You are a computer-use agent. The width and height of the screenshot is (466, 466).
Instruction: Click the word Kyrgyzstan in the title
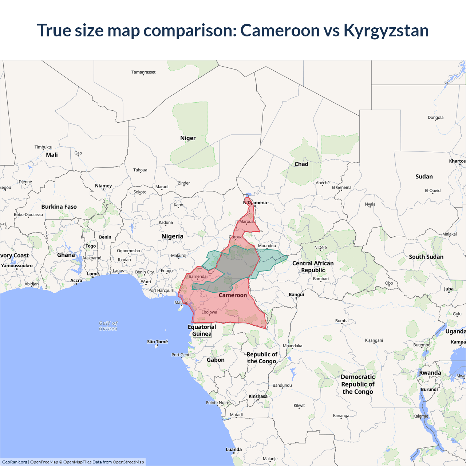386,31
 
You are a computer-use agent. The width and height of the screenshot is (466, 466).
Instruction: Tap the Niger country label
188,138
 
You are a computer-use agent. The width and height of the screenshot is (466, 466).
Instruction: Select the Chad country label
301,164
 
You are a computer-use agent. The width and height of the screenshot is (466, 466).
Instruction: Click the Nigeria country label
172,236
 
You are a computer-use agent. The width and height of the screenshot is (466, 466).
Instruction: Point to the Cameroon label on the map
233,295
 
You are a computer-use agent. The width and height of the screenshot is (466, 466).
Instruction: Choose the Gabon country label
216,360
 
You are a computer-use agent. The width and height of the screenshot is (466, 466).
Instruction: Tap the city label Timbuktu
43,147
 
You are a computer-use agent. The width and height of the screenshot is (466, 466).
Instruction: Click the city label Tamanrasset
143,72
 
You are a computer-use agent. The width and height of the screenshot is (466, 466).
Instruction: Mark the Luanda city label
234,450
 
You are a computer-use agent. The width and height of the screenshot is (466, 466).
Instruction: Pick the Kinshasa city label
258,396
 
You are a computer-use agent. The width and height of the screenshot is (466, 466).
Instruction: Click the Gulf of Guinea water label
108,326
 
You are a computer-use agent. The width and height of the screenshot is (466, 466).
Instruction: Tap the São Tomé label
157,342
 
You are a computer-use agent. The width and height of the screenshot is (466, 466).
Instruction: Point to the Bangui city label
296,295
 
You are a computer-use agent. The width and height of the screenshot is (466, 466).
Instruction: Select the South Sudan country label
426,257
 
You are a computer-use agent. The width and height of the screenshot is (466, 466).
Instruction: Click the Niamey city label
103,186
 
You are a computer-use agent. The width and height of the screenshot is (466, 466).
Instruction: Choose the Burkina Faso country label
59,207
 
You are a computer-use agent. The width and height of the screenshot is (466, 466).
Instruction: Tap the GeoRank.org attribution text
15,462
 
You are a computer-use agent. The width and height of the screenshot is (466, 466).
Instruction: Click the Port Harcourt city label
161,291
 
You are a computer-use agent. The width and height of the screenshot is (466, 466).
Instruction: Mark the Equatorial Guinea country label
202,330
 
